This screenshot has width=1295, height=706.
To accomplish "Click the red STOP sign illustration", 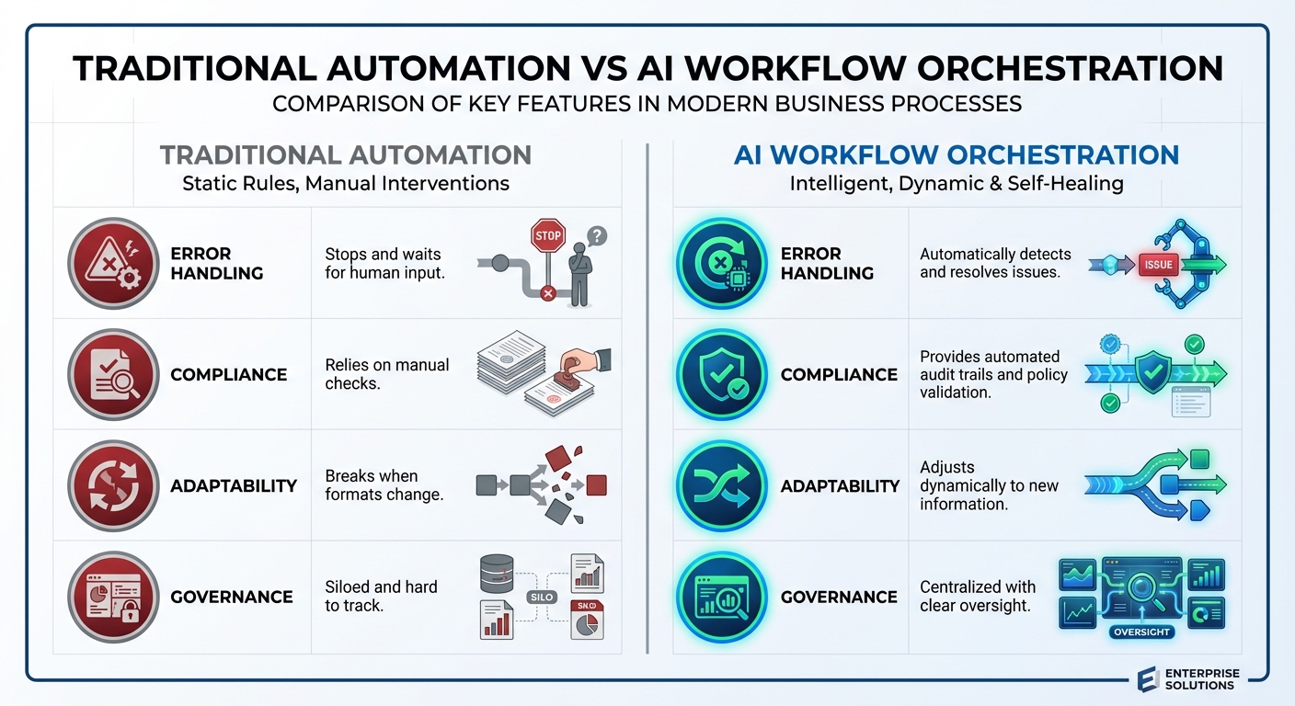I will [x=547, y=236].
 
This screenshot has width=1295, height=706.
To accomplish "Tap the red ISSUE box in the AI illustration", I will [x=1157, y=264].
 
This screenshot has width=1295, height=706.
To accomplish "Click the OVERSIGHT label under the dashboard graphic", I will [x=1141, y=632].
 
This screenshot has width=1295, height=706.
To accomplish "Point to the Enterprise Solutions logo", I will [x=1189, y=679].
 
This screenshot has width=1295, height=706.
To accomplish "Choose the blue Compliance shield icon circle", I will [x=722, y=374].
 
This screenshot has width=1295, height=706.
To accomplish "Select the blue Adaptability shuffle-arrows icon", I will [x=722, y=485].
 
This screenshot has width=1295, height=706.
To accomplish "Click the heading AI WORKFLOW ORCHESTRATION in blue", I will [x=957, y=154].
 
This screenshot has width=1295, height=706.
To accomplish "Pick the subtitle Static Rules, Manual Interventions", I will [x=346, y=183].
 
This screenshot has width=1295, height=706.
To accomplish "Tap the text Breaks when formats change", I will [x=384, y=485].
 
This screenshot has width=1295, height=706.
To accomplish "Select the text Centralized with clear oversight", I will [x=977, y=596].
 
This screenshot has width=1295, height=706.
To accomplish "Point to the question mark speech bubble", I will [x=597, y=236].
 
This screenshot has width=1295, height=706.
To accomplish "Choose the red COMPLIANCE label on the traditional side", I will [x=229, y=375].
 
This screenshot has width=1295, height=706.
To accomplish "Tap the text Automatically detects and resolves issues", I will [x=995, y=263].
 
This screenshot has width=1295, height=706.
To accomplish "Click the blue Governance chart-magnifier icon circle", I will [x=722, y=597].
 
